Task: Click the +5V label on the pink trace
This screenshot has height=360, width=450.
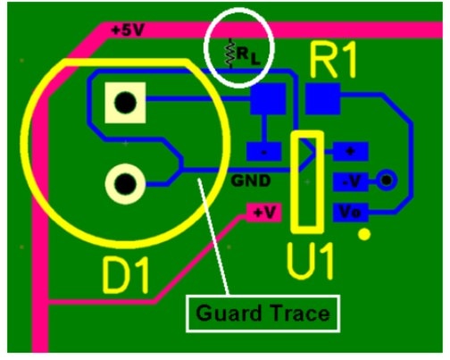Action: tap(127, 30)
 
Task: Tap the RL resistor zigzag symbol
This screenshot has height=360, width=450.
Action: tap(229, 54)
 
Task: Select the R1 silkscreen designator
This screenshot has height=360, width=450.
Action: tap(333, 60)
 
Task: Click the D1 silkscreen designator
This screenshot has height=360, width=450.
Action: tap(125, 275)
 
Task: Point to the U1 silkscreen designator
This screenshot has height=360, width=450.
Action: tap(310, 261)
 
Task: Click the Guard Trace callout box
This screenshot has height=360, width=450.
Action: tap(262, 314)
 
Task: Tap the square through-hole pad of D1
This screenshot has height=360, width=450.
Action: tap(125, 103)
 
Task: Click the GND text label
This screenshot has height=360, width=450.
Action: tap(251, 180)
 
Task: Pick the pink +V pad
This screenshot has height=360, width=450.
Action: tap(263, 213)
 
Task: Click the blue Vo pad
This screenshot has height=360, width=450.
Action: tap(351, 213)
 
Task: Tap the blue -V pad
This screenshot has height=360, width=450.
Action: tap(351, 181)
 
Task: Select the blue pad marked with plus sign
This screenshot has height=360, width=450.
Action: tap(351, 152)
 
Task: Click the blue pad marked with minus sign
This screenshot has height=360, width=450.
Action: tap(263, 152)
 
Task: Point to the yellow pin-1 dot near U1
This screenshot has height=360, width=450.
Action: tap(364, 234)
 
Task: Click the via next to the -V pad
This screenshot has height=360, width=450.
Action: tap(387, 180)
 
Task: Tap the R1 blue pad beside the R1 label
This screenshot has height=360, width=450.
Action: tap(322, 99)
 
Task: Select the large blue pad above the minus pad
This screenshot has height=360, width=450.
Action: tap(268, 99)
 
